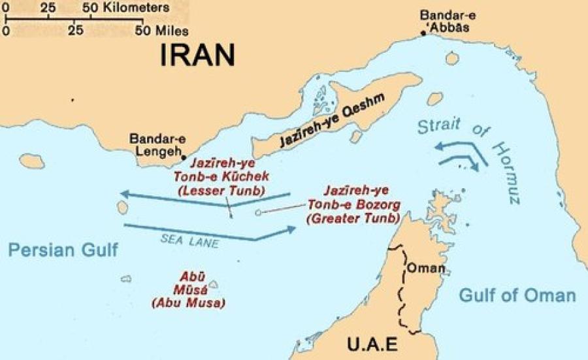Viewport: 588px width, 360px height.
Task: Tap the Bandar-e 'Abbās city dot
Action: click(x=424, y=31)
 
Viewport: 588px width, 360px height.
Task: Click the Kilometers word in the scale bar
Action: click(x=138, y=8)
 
